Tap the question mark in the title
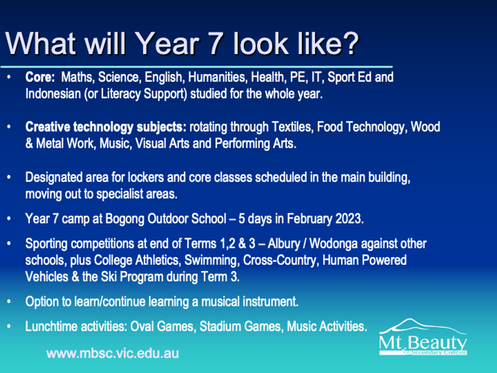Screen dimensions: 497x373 tap(350, 43)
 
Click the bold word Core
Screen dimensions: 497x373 tap(40, 77)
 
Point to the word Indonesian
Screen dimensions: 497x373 tap(53, 94)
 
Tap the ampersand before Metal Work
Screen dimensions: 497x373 tap(29, 143)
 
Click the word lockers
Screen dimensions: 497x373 tap(146, 177)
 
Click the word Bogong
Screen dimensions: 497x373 tap(125, 219)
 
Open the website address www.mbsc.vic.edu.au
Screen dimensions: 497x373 tap(113, 354)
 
